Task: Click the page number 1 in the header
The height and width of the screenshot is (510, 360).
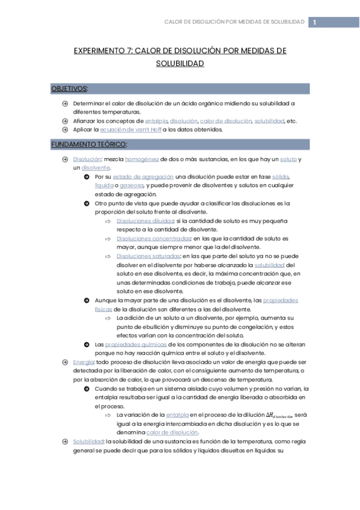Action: click(314, 22)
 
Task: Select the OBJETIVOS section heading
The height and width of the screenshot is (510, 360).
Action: click(69, 88)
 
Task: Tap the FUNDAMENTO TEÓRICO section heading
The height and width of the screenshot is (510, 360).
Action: click(89, 144)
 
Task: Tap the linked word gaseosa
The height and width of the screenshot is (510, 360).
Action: click(131, 185)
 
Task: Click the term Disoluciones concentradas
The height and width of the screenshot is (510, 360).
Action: click(150, 239)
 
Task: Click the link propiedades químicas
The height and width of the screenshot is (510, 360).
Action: click(129, 345)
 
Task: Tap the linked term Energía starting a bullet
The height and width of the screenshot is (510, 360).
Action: click(84, 362)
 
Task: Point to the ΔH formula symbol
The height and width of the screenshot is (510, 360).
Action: click(273, 416)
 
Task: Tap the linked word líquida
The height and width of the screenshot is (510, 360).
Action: click(104, 185)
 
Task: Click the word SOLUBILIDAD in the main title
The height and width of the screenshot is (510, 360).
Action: click(180, 63)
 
